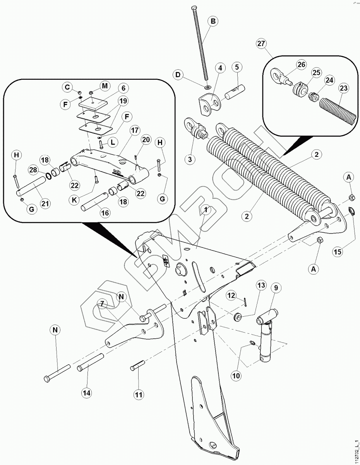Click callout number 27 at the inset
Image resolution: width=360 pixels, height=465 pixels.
[261, 43]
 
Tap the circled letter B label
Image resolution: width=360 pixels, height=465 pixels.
[213, 21]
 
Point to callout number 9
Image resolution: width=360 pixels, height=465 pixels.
[276, 288]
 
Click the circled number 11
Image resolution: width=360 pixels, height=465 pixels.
[139, 395]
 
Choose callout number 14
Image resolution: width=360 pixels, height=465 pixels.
[87, 393]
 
